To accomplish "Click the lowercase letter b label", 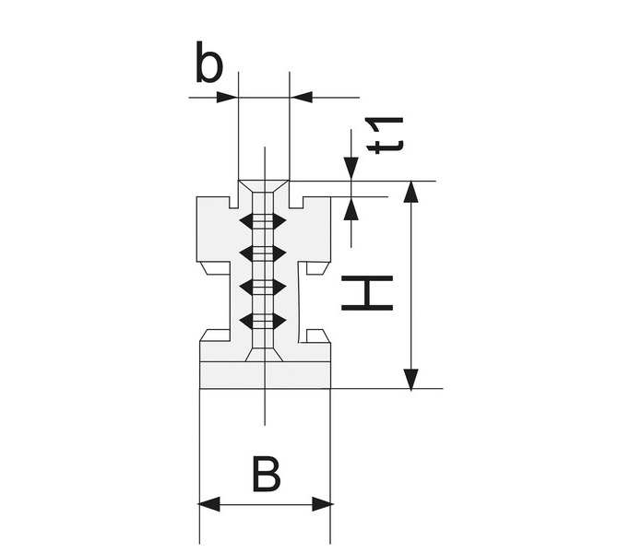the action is (x=209, y=63).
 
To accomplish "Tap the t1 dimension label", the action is (x=385, y=135).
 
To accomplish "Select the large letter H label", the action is (x=367, y=293).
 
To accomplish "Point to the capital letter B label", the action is (x=267, y=475).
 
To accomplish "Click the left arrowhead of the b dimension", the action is (x=228, y=98).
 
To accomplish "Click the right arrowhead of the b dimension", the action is (x=301, y=97).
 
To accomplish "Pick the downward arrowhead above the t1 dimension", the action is (x=351, y=169).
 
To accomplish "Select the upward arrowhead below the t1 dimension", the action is (x=351, y=208).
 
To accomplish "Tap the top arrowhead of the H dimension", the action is (x=411, y=192).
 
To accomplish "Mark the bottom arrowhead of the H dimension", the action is (x=411, y=379).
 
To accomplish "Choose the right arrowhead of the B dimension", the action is (x=322, y=504).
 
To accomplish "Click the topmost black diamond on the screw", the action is (x=263, y=221).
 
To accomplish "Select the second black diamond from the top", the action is (x=263, y=253).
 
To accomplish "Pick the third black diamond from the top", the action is (x=263, y=288).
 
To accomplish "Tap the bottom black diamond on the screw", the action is (x=263, y=322).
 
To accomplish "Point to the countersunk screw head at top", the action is (x=264, y=186).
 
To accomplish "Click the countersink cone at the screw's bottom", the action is (x=264, y=355).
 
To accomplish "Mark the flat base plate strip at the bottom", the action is (x=265, y=375).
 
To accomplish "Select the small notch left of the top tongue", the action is (x=233, y=202).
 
